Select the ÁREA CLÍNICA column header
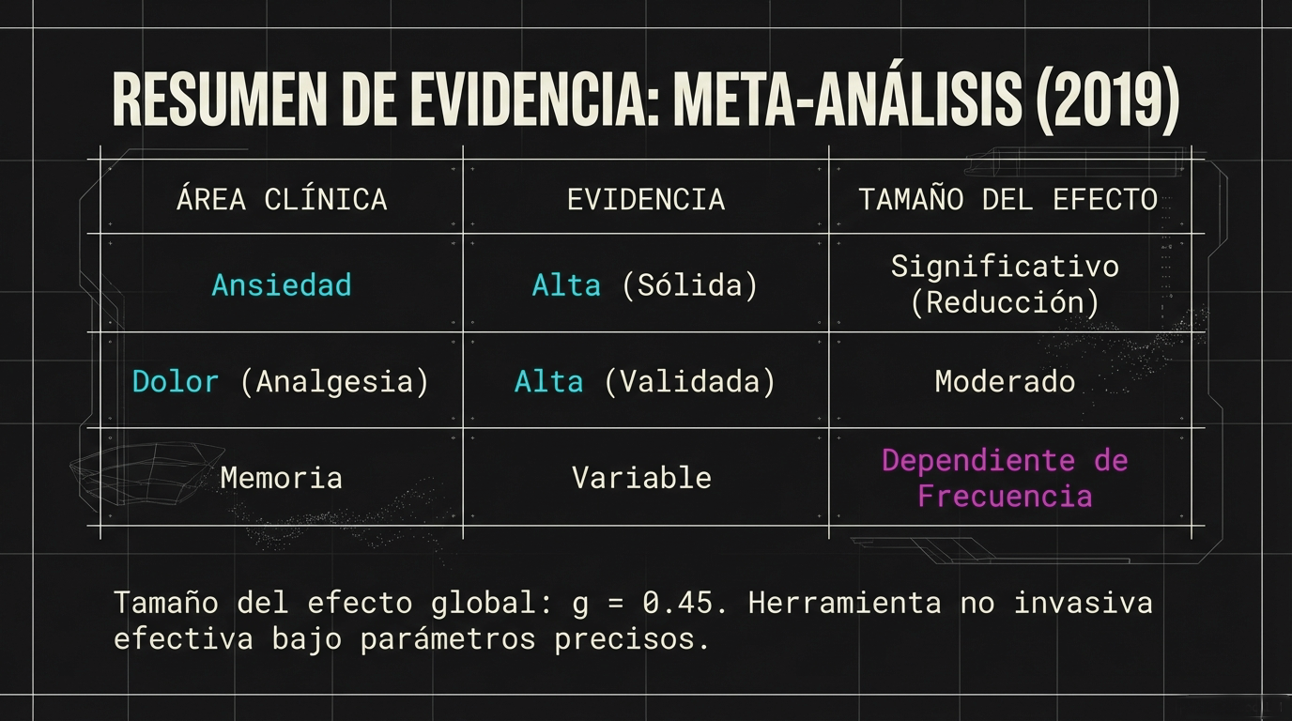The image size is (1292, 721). tap(282, 199)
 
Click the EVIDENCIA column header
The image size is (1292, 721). tap(646, 199)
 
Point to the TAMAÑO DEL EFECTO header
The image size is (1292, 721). tap(1007, 199)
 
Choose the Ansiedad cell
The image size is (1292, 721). tap(282, 284)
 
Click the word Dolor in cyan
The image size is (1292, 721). tap(176, 381)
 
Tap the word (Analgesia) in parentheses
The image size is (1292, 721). tap(334, 381)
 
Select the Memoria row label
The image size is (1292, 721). tap(282, 477)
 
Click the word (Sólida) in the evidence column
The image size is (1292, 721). tap(689, 284)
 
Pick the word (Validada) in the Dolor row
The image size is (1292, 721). tap(689, 381)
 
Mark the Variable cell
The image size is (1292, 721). tap(642, 477)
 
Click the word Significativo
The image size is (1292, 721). tap(1005, 267)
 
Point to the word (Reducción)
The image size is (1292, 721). tap(1005, 303)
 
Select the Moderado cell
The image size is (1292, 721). tap(1005, 381)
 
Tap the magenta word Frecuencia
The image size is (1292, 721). tap(1005, 496)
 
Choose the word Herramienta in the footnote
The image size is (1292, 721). tap(844, 603)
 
